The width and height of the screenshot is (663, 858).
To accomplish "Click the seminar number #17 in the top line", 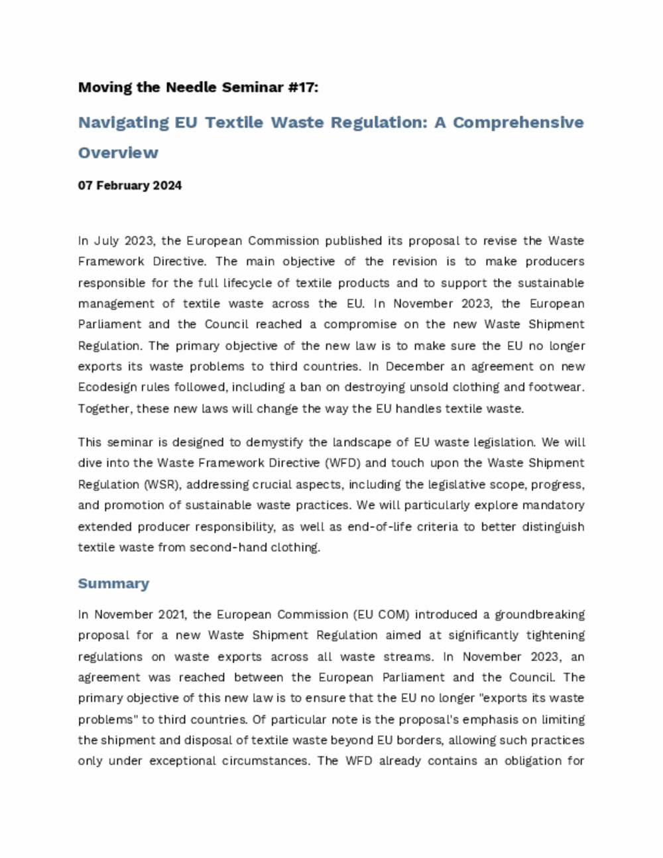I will (x=302, y=87).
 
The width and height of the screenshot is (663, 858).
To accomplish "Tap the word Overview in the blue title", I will (x=118, y=153).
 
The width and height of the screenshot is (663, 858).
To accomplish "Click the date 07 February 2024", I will (x=130, y=186).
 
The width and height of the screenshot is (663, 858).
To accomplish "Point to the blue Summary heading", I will (x=113, y=583).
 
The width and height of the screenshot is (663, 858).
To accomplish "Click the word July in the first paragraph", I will (x=107, y=241).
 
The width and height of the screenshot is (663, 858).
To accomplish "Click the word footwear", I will (x=559, y=387).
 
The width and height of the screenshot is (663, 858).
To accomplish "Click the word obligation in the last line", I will (x=536, y=761).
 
